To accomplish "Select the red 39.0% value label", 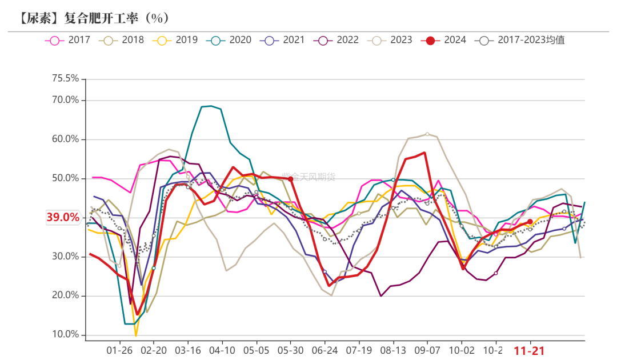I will point(63,217).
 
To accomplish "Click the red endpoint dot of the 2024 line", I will point(530,222).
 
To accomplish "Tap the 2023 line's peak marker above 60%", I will point(427,134).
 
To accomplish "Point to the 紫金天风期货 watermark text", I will point(309,176).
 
